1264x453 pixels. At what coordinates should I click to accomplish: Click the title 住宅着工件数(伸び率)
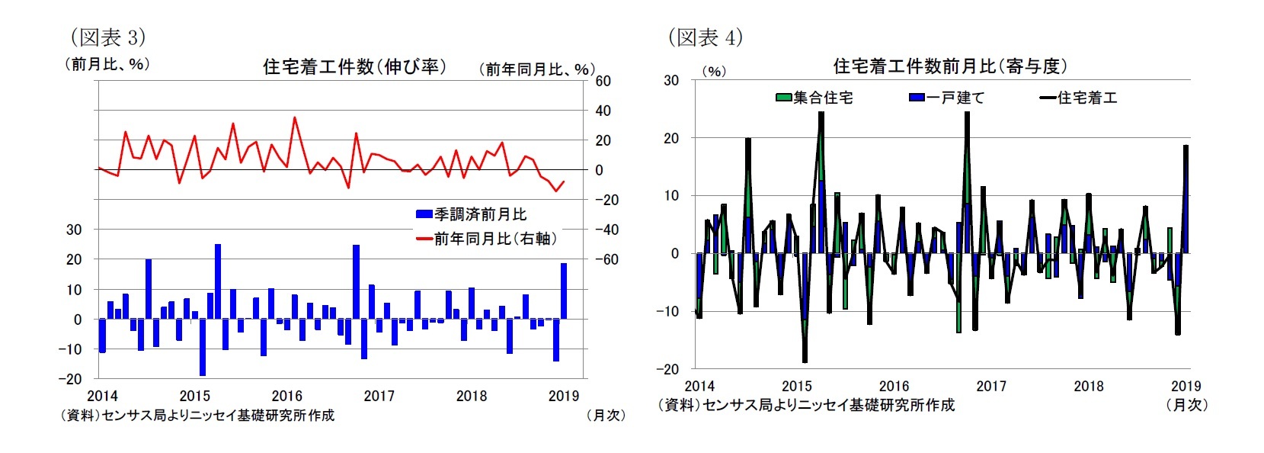click(x=354, y=67)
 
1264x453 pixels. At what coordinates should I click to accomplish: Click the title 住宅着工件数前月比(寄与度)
click(x=949, y=67)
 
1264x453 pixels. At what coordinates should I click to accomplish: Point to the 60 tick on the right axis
click(x=602, y=81)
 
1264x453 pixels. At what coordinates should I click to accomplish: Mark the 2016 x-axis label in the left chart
click(x=286, y=396)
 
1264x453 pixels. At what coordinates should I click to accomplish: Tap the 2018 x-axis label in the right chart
click(x=1088, y=387)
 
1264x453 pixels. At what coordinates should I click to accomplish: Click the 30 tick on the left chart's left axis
click(x=74, y=230)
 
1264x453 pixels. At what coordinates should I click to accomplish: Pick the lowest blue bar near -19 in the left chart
click(x=203, y=347)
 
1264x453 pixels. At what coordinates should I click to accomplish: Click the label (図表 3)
click(x=107, y=37)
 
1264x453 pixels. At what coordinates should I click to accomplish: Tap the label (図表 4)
click(x=705, y=37)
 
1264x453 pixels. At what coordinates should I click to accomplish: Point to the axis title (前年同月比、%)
click(x=536, y=69)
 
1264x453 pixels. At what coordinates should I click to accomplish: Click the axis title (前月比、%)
click(x=107, y=64)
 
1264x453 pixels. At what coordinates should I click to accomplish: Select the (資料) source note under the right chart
click(x=806, y=405)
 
